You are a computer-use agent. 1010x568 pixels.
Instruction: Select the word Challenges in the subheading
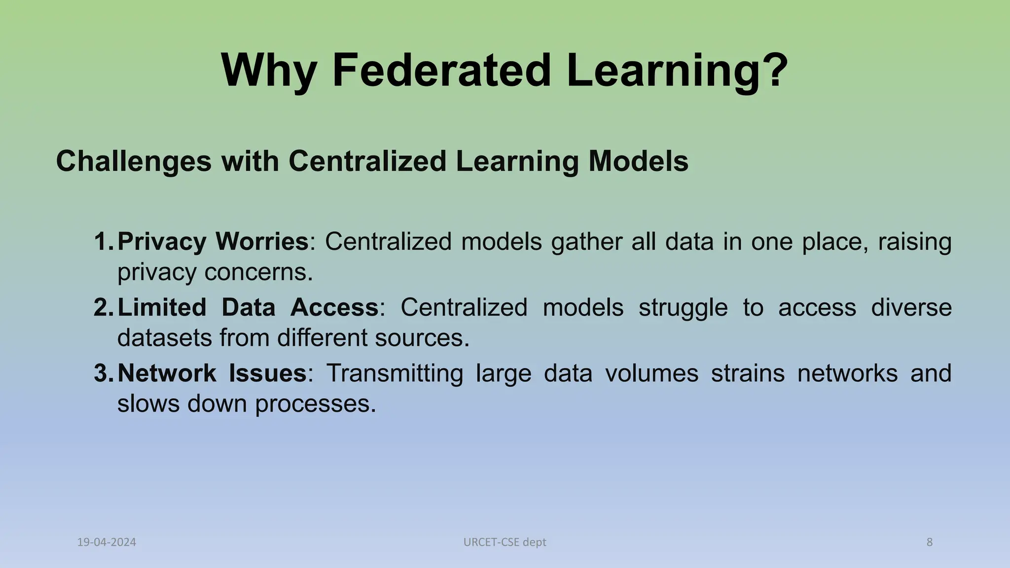tap(134, 161)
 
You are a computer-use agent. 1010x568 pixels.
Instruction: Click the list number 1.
tap(103, 242)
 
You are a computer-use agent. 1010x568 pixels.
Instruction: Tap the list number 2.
tap(103, 308)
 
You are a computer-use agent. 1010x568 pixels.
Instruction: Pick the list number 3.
tap(103, 373)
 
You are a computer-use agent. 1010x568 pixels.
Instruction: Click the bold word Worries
tap(262, 242)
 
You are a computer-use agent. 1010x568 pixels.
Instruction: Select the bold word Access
tap(334, 308)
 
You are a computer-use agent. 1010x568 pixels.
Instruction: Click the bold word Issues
tap(267, 373)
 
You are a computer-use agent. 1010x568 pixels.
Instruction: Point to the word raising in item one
tap(914, 242)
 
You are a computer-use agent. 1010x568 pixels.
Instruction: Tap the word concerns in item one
tap(258, 272)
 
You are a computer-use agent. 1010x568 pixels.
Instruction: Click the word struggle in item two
tap(683, 308)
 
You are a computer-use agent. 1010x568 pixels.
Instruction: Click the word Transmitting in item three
tap(395, 373)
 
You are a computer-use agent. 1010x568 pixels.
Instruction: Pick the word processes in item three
tap(315, 404)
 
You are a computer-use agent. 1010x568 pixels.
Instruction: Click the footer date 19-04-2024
tap(107, 542)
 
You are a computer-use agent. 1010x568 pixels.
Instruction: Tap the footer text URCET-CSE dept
tap(505, 542)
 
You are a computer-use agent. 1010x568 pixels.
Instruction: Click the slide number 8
tap(930, 542)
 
